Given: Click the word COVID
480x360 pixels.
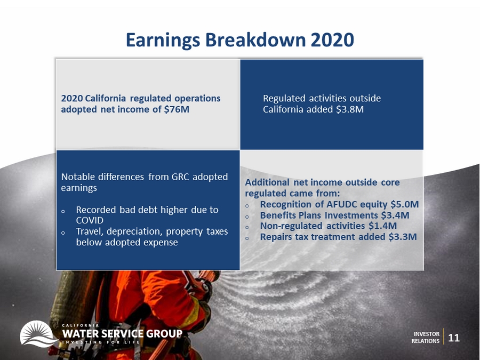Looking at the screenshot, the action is [x=90, y=220].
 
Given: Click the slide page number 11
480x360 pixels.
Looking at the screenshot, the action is [x=454, y=338].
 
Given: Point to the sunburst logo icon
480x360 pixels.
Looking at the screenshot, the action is [x=38, y=334].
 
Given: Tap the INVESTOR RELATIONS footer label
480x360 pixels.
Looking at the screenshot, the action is [x=426, y=338].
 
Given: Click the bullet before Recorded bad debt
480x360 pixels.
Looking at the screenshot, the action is [x=63, y=211].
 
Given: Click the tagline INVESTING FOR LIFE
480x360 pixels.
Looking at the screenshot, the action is [x=101, y=342].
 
